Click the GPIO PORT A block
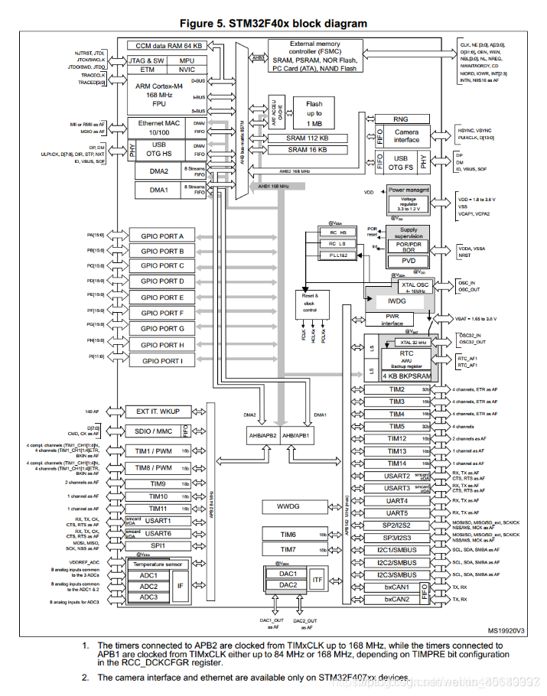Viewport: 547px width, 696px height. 161,236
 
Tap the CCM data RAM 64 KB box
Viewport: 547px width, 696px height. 164,46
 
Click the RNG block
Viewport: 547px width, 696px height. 400,119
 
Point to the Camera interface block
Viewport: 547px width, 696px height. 406,135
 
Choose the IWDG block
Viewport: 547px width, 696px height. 399,301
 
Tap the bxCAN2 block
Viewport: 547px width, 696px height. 396,599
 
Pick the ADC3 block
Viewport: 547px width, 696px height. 148,597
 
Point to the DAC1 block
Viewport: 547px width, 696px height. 288,573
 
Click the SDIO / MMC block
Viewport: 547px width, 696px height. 153,431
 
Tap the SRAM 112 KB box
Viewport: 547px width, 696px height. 308,138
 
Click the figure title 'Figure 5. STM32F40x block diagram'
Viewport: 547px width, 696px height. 273,23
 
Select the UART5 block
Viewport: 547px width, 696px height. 396,512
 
